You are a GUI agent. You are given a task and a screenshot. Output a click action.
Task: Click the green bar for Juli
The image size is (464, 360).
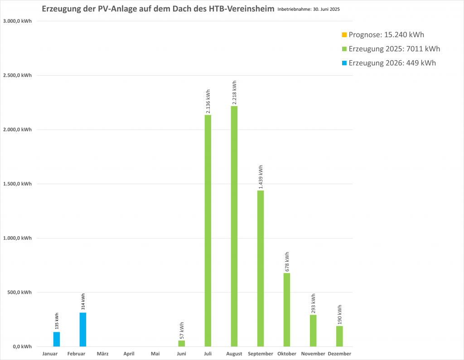coord(208,231)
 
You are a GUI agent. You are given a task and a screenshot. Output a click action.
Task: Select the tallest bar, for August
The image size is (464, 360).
coord(234,227)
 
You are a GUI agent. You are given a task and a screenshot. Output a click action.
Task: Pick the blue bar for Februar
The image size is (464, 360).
coord(83,330)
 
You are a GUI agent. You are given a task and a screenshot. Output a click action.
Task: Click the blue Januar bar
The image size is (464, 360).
coord(57,339)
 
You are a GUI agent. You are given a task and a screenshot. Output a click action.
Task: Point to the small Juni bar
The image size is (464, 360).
coord(182,344)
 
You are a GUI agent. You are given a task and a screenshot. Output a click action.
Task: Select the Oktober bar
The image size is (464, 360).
coord(287,310)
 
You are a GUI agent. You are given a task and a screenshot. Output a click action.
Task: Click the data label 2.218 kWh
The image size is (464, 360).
coord(234,93)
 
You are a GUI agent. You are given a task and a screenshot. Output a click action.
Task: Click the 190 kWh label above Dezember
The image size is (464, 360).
coord(339,315)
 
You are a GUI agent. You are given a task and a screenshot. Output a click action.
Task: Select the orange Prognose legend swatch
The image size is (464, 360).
coord(344,35)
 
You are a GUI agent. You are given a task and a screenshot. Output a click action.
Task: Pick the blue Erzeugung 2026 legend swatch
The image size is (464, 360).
coord(344,63)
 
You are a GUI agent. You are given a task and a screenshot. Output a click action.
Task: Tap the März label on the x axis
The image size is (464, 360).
coord(103,354)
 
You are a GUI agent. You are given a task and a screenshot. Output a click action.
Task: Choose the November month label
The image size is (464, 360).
coord(313,354)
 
